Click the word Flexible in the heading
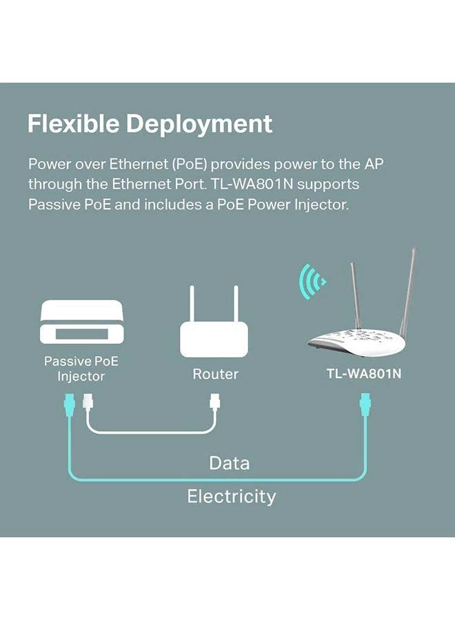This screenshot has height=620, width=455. (x=73, y=123)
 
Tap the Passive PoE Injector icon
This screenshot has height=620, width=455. (x=81, y=322)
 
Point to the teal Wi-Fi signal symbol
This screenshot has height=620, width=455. (x=312, y=282)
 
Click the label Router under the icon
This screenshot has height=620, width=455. (x=215, y=374)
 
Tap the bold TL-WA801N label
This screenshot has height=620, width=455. (x=363, y=373)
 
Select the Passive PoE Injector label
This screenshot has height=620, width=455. (x=81, y=369)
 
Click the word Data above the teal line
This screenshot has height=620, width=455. (x=229, y=463)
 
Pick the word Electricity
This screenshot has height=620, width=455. (x=231, y=497)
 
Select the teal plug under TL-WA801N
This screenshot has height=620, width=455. (x=365, y=404)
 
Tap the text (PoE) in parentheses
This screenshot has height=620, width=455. (x=189, y=164)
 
